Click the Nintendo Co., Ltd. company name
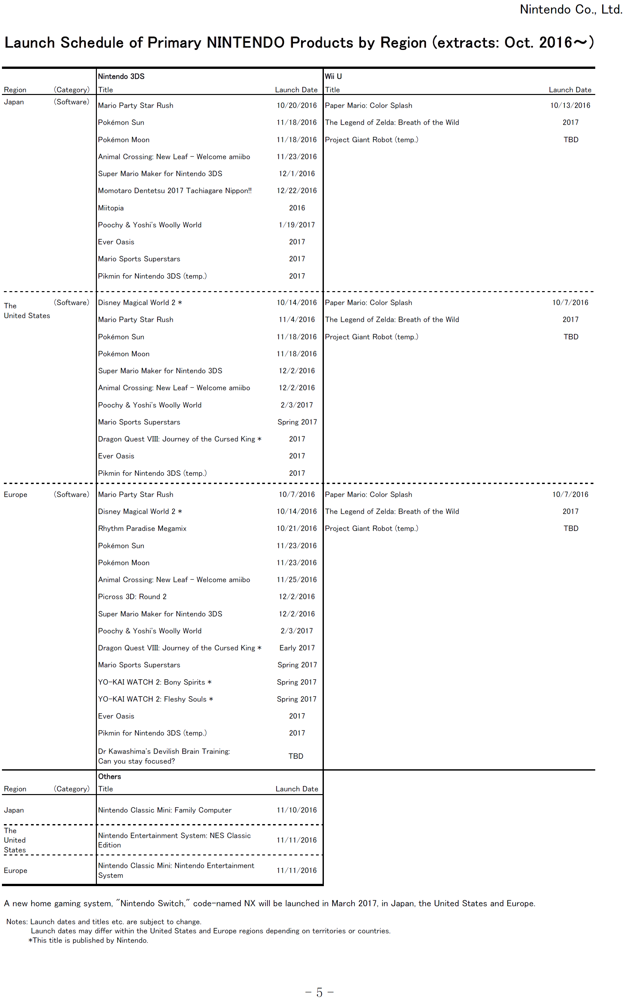571,9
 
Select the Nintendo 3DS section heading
121,76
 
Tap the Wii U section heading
333,76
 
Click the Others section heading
110,776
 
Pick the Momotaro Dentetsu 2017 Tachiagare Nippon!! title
175,191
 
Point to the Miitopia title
111,208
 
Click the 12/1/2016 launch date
296,174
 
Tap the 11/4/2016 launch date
296,320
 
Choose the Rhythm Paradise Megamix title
142,528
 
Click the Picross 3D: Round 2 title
132,597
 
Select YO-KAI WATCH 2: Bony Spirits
155,682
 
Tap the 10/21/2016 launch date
296,528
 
